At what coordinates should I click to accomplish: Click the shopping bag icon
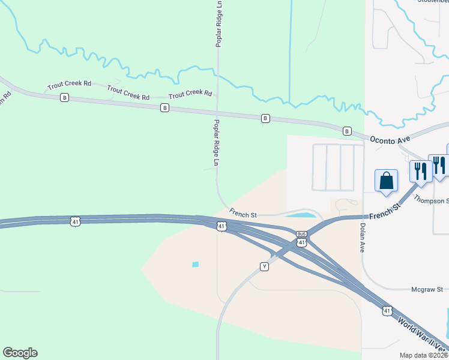click(385, 180)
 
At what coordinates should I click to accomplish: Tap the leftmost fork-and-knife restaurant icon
click(419, 170)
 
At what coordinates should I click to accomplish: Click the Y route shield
click(264, 266)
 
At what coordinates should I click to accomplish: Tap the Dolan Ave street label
click(362, 238)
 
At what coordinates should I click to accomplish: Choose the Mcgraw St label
click(427, 289)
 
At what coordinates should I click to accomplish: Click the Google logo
click(20, 353)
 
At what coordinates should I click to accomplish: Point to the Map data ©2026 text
click(423, 355)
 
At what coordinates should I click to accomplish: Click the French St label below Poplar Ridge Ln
click(243, 212)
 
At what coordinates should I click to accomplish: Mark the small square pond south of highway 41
click(195, 264)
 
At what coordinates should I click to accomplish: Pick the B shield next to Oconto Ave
click(346, 131)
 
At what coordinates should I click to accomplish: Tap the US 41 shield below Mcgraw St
click(387, 310)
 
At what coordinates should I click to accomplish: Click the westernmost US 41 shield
click(74, 221)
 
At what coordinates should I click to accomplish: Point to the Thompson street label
click(431, 201)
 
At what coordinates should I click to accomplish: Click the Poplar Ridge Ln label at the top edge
click(219, 24)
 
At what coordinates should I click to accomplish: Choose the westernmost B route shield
click(65, 97)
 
